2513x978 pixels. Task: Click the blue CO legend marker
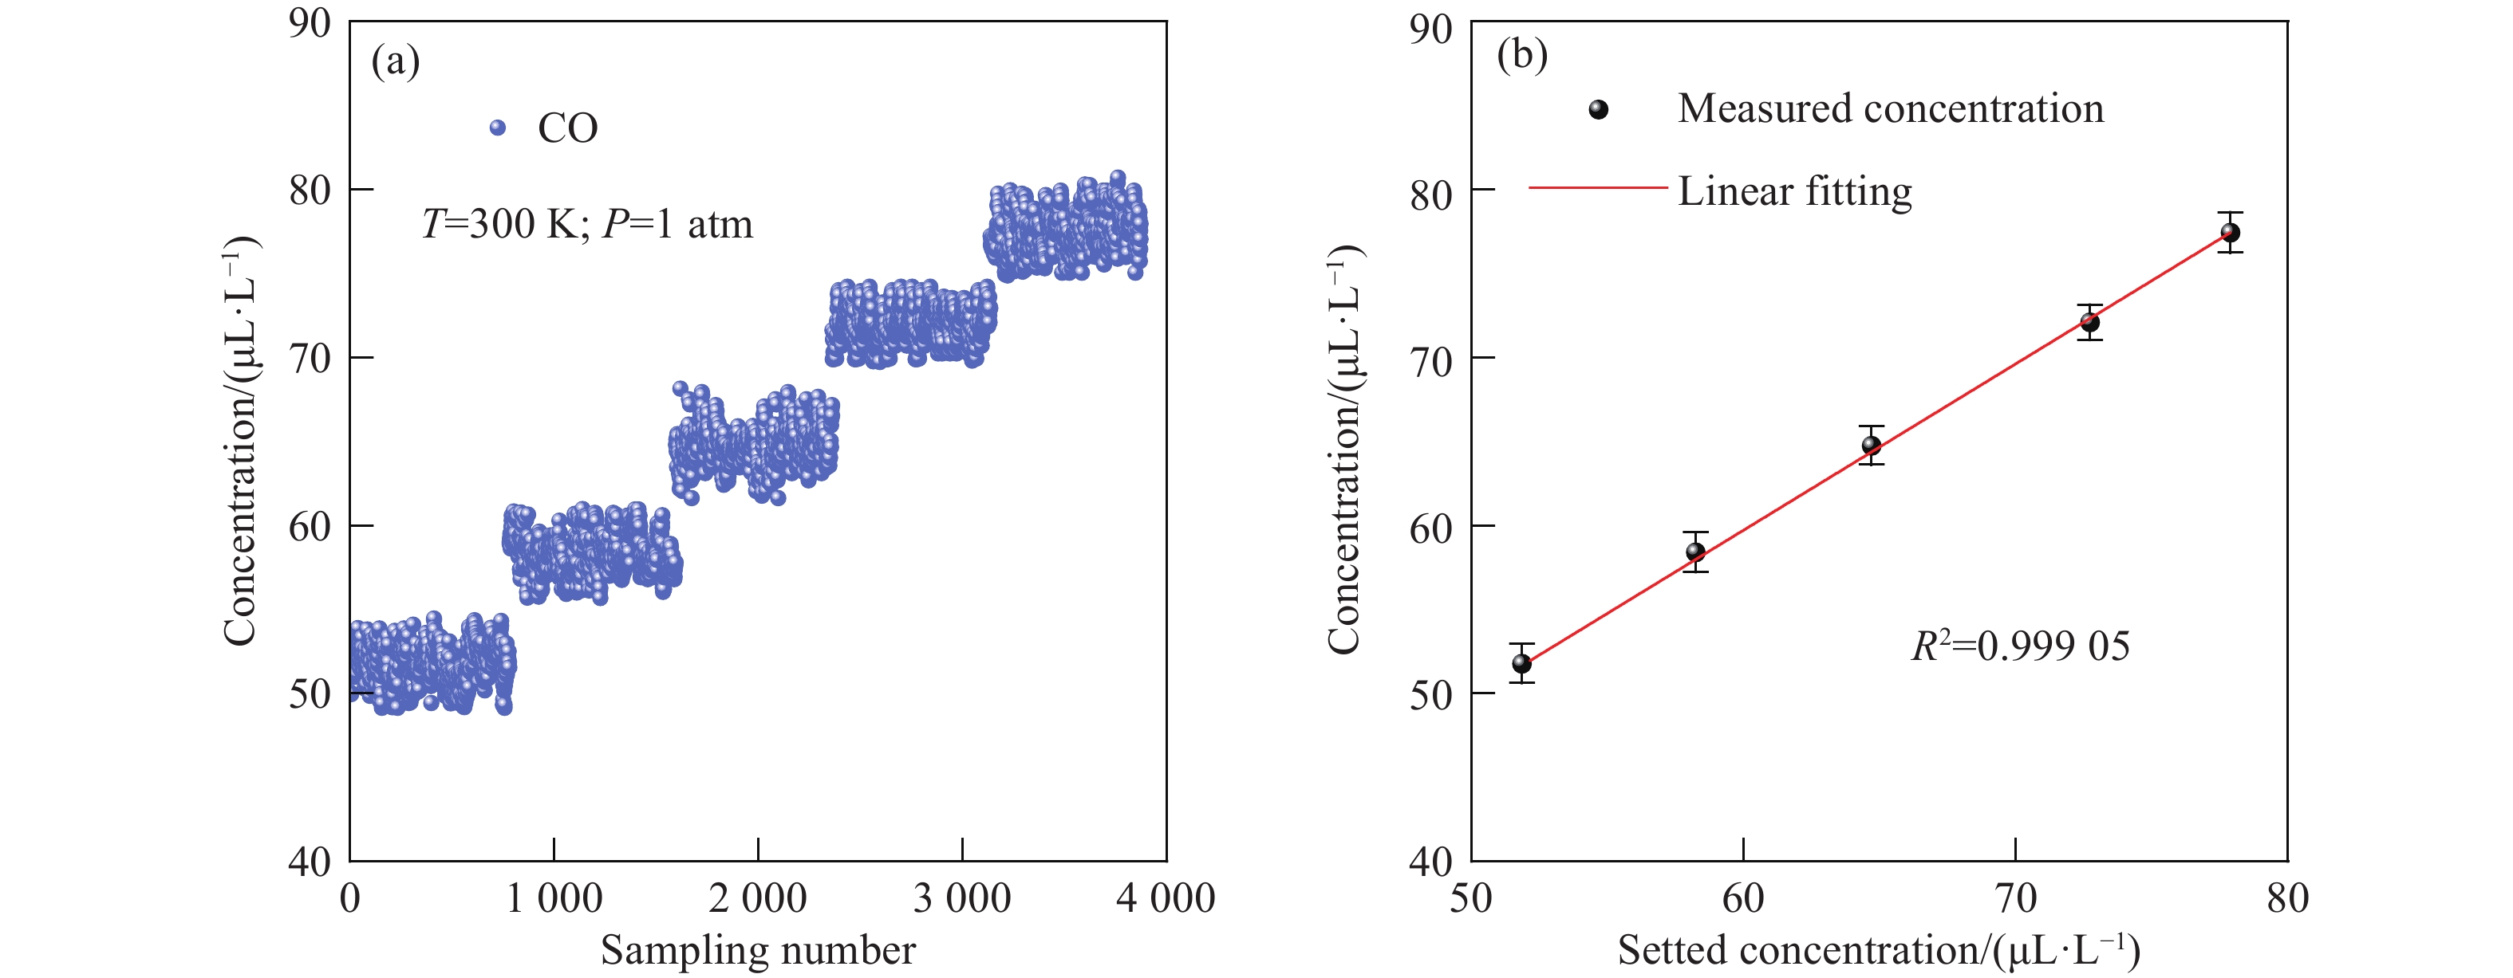click(x=498, y=128)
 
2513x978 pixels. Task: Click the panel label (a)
click(x=395, y=61)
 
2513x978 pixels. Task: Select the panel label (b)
click(x=1522, y=55)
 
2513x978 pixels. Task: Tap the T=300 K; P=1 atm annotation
click(x=586, y=224)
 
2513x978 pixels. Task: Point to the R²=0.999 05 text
click(x=2019, y=646)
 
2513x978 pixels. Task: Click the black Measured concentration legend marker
click(x=1598, y=109)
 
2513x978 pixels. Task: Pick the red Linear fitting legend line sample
click(x=1598, y=187)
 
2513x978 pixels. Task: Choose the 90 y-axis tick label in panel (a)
click(x=310, y=23)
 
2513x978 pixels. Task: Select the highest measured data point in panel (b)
click(x=2230, y=233)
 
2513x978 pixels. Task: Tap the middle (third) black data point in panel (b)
click(x=1871, y=446)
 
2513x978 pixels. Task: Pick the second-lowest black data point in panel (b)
click(x=1695, y=552)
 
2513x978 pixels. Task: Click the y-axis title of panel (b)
click(x=1344, y=449)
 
